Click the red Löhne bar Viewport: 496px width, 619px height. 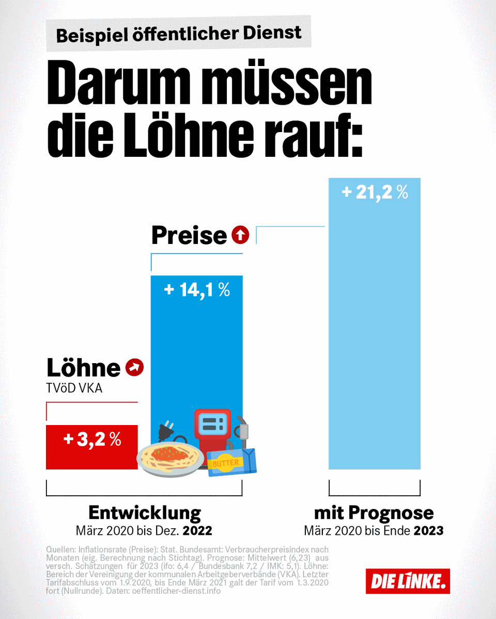click(x=92, y=447)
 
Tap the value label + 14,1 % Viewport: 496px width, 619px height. click(x=197, y=290)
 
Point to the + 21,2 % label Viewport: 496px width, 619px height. click(x=375, y=193)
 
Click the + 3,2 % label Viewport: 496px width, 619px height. click(x=92, y=439)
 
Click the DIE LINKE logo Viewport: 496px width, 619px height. click(x=408, y=581)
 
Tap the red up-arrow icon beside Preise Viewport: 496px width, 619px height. click(x=240, y=236)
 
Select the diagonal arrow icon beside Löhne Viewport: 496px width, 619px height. click(x=135, y=368)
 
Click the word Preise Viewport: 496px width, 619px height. click(x=189, y=236)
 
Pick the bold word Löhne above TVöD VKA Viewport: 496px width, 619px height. click(x=84, y=368)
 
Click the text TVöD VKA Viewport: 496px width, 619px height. click(x=74, y=388)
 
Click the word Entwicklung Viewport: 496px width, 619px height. click(x=145, y=513)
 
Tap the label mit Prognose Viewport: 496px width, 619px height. click(x=374, y=513)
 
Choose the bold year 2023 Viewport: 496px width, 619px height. click(x=428, y=530)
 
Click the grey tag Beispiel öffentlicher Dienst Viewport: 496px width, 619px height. click(x=179, y=35)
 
